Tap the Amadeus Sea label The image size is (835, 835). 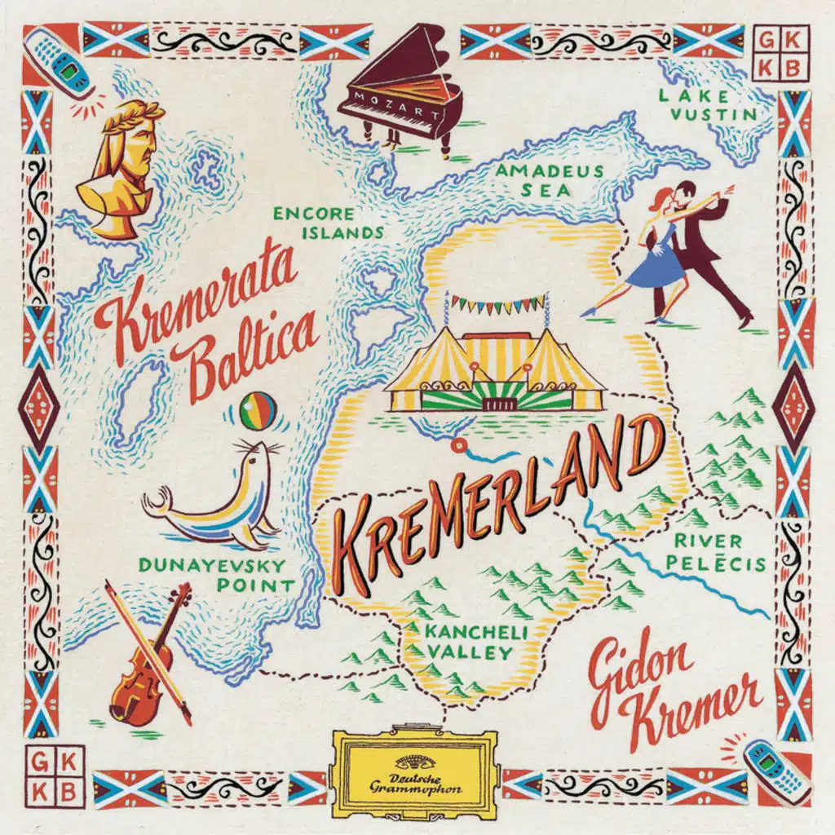(x=550, y=181)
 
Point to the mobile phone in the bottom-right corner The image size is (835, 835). (x=776, y=771)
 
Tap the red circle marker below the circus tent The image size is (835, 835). (x=457, y=445)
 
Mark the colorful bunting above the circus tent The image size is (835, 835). (x=497, y=304)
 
